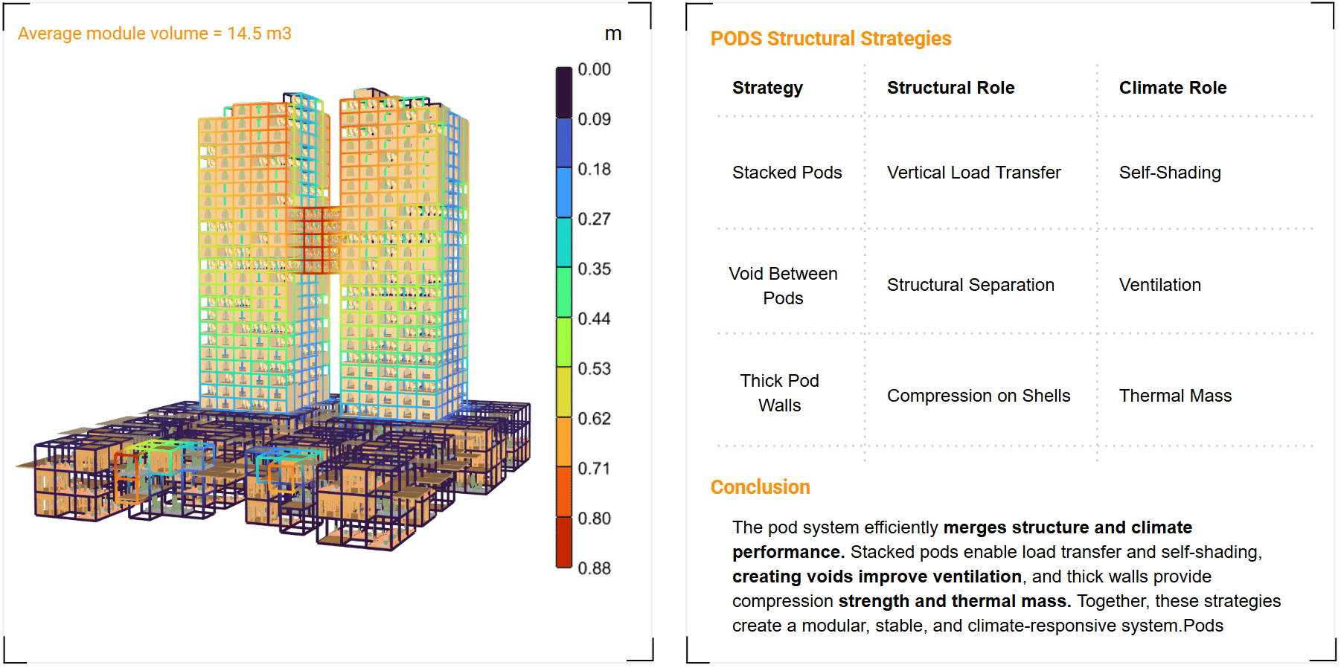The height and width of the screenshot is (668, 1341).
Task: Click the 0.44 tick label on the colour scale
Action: coord(594,319)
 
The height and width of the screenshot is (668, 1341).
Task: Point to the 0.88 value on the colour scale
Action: coord(594,568)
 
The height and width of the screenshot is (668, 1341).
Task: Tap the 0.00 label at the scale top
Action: coord(594,70)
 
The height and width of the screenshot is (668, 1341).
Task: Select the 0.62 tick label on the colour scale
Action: coord(594,419)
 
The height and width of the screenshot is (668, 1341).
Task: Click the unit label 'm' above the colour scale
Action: coord(612,34)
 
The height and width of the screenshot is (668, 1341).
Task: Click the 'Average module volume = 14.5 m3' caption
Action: coord(154,33)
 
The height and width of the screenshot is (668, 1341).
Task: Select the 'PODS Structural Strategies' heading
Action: coord(830,39)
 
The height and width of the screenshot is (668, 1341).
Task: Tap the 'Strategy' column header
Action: coord(767,88)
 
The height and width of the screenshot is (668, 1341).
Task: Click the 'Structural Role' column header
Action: coord(950,88)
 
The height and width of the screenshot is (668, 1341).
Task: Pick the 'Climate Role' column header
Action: coord(1172,88)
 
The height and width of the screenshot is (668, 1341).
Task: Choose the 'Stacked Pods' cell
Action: coord(787,173)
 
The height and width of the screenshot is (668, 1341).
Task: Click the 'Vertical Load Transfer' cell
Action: coord(973,173)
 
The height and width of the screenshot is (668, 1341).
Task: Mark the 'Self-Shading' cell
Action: coord(1170,173)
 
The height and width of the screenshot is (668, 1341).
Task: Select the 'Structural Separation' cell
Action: coord(970,285)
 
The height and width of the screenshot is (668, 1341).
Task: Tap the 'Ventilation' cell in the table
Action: coord(1159,285)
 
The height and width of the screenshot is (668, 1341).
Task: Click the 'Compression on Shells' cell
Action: coord(979,396)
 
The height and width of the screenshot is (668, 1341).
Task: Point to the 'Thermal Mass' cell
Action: coord(1175,396)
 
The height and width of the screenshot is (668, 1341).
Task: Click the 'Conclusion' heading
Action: coord(760,487)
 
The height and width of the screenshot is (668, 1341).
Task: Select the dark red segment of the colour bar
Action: coord(563,542)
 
